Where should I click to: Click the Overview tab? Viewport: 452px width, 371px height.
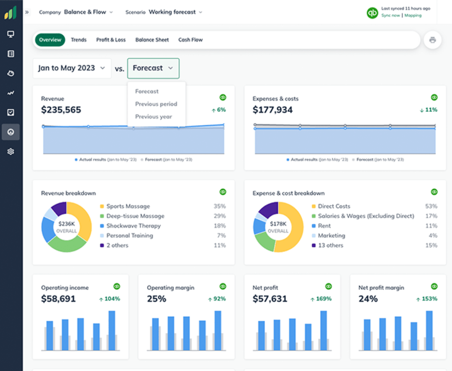[50, 40]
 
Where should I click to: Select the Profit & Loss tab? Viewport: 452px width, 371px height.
[111, 40]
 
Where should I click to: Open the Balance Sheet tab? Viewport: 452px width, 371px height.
[152, 40]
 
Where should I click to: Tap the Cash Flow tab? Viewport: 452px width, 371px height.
[190, 40]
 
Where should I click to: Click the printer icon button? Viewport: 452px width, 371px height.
[432, 40]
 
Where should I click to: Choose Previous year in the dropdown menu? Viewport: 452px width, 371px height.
[154, 117]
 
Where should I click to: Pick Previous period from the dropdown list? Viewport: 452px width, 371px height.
[156, 104]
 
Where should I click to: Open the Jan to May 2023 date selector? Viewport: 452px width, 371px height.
[72, 68]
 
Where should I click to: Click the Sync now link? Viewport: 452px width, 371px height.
[390, 16]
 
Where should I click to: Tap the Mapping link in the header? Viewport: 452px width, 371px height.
[413, 16]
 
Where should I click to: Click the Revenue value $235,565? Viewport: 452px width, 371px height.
[61, 110]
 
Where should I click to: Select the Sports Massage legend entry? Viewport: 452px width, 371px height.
[128, 206]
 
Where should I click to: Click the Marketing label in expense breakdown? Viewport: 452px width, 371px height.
[331, 236]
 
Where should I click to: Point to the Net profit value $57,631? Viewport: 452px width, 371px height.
[270, 299]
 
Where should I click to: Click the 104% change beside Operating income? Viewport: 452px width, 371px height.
[110, 299]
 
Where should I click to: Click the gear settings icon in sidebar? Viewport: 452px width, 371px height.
[11, 152]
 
